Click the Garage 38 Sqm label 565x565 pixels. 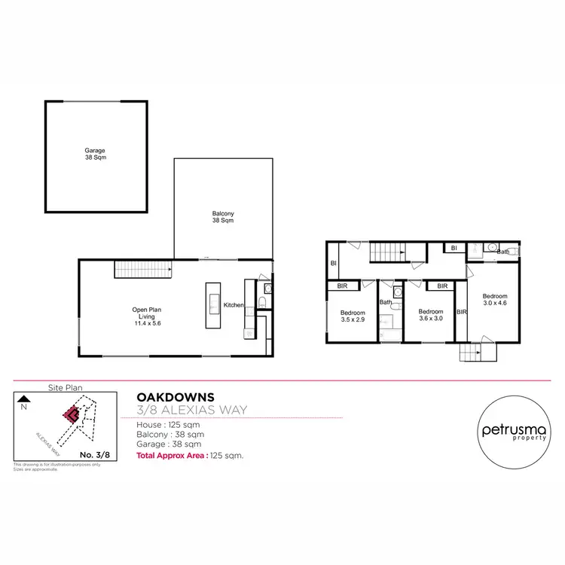coord(95,154)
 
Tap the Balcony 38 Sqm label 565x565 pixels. coord(222,218)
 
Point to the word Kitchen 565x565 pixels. coord(234,305)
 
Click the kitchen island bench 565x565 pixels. coord(212,305)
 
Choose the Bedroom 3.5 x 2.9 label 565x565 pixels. coord(353,316)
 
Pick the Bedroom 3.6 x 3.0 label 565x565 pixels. coord(430,315)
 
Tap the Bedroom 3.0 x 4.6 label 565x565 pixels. coord(495,299)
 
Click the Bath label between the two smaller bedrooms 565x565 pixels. coord(386,303)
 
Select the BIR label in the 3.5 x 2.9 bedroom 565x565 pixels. coord(342,286)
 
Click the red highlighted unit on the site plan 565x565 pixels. coord(72,414)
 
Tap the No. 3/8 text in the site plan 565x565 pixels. coord(94,454)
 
